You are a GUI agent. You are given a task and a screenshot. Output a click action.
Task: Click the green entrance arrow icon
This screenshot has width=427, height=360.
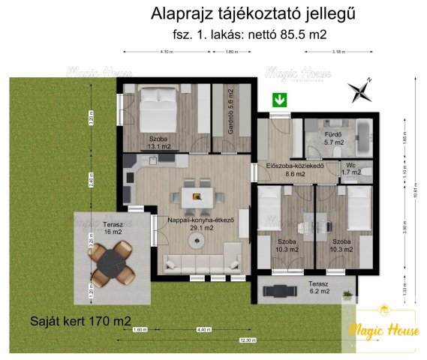[280, 100]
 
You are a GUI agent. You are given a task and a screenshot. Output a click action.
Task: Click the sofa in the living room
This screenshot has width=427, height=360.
[200, 262]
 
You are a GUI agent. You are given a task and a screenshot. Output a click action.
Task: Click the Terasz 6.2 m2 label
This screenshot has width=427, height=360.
[323, 288]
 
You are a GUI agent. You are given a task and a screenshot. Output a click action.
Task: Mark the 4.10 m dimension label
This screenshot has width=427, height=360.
[167, 52]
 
